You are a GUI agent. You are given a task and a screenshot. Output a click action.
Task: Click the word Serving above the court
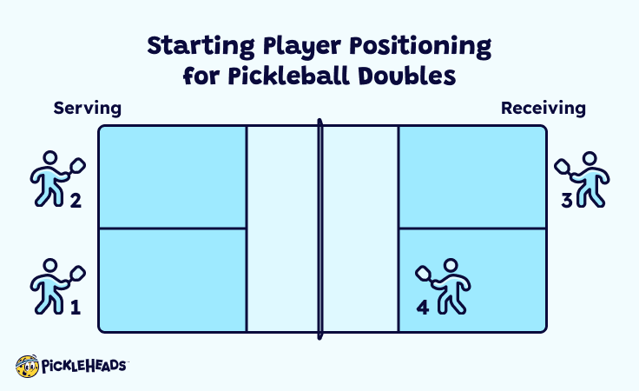(87, 109)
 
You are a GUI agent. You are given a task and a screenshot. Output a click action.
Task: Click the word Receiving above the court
(543, 109)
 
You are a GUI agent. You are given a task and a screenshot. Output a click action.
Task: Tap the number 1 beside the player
(75, 306)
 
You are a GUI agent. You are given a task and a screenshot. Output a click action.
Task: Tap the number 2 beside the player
(75, 202)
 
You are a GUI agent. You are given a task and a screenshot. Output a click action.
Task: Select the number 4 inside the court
(423, 306)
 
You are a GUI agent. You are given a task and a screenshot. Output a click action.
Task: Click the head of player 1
(49, 266)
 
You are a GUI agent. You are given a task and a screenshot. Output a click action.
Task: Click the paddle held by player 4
(425, 272)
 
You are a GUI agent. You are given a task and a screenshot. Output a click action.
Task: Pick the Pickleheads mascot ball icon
(27, 366)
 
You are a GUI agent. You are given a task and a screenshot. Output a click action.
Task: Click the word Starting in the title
(195, 45)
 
